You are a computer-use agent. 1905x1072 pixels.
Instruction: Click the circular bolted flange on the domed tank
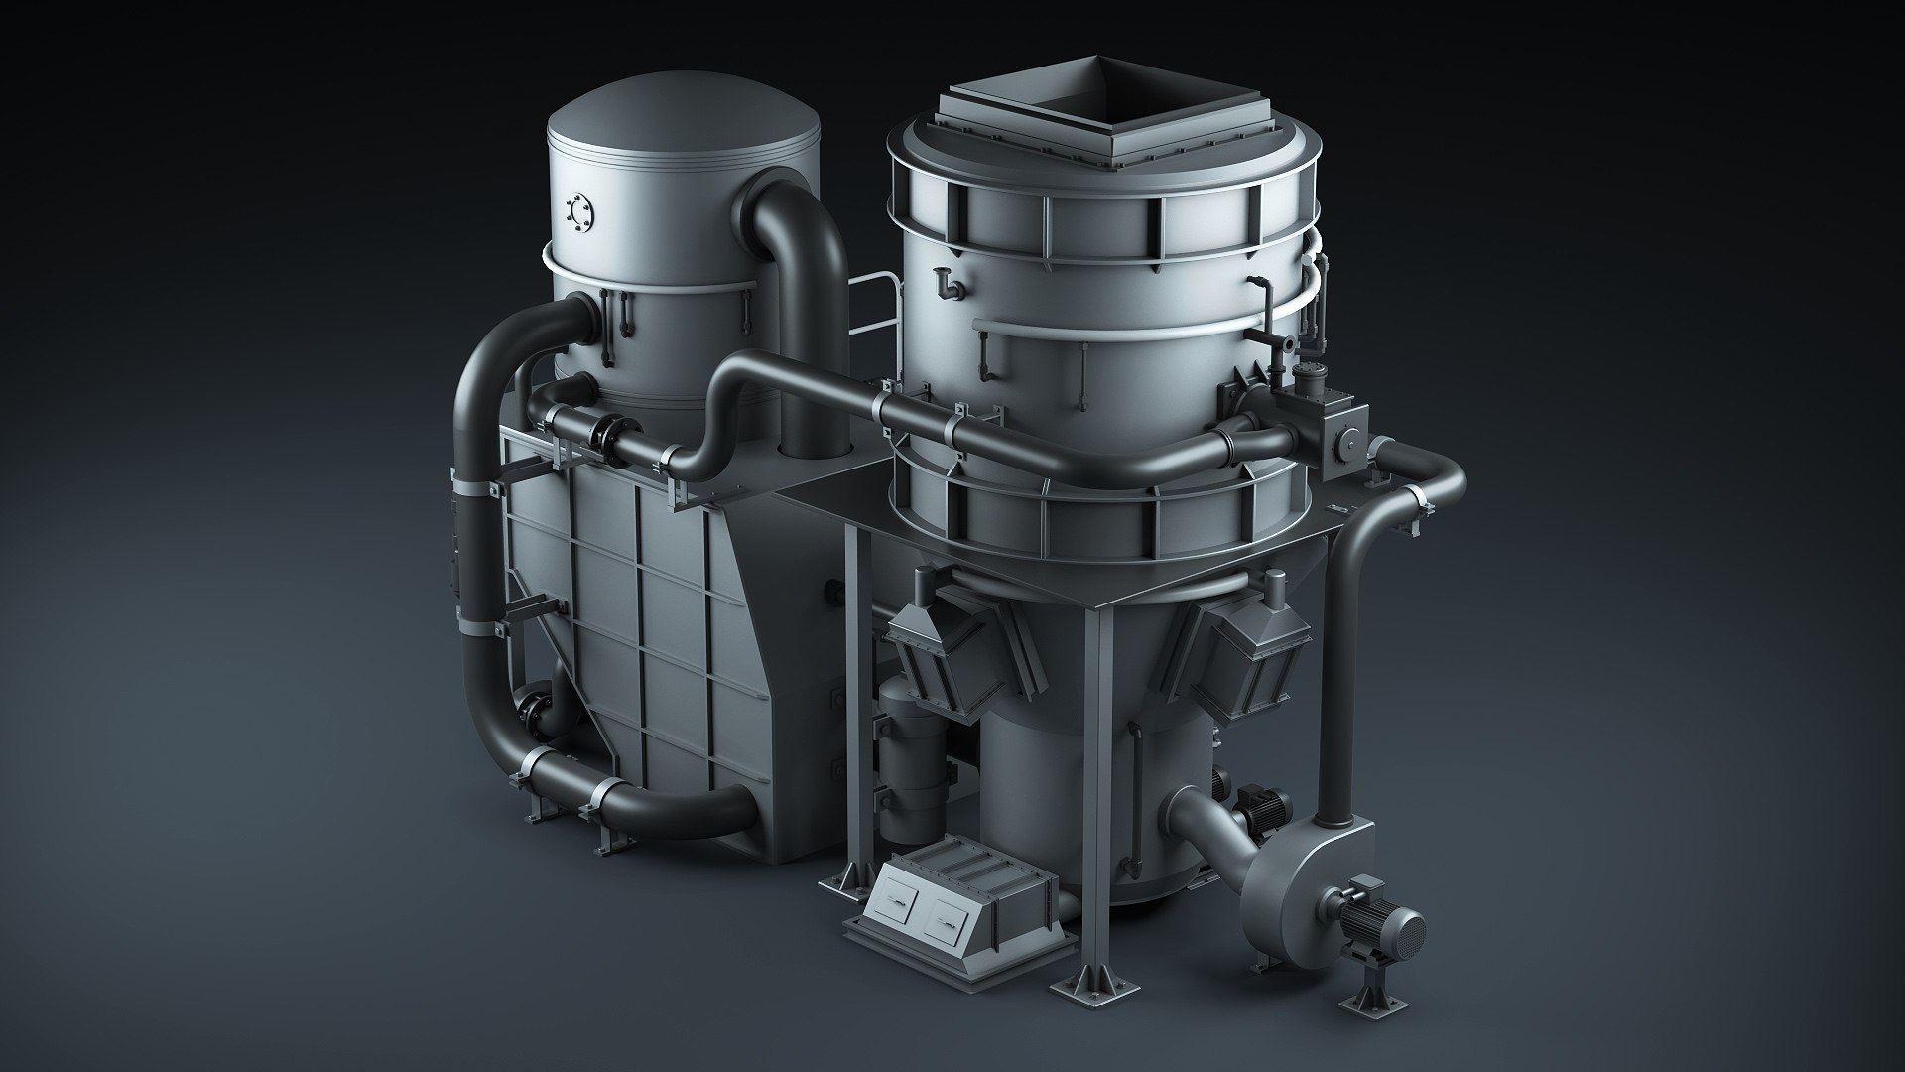pos(576,211)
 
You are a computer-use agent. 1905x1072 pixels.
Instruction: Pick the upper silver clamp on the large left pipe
pos(474,486)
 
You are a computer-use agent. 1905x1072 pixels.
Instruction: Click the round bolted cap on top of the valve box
pos(1308,369)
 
